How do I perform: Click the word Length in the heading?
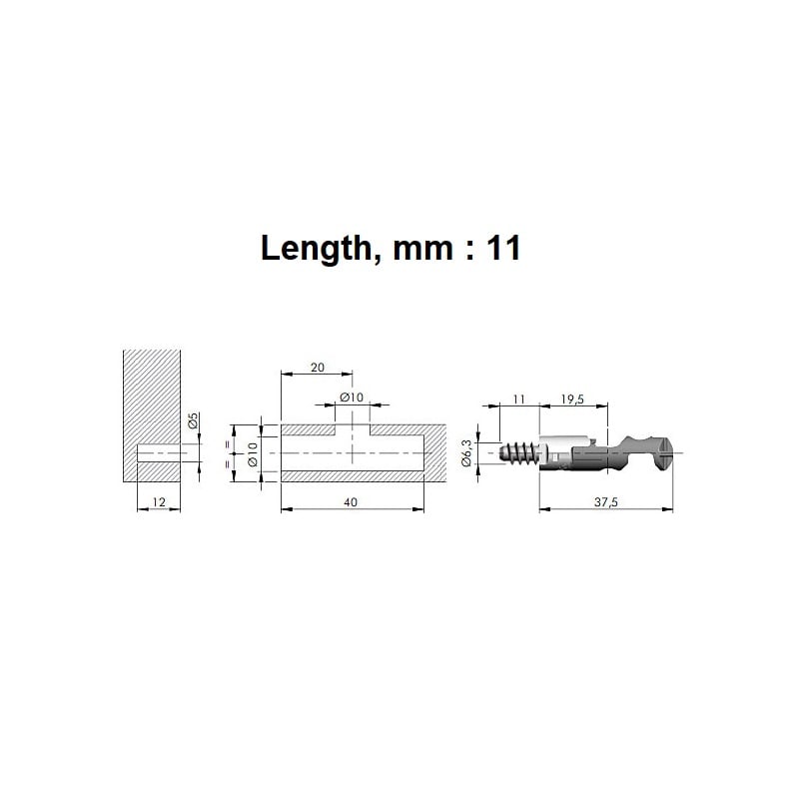click(x=313, y=249)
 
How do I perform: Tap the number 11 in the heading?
click(x=502, y=249)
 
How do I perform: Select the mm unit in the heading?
click(x=415, y=249)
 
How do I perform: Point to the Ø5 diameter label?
click(x=195, y=422)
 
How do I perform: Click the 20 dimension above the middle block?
click(x=318, y=368)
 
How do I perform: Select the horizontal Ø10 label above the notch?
click(x=351, y=398)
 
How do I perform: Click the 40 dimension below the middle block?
click(x=351, y=502)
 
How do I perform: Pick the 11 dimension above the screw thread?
click(x=518, y=399)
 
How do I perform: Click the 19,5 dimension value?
click(x=573, y=399)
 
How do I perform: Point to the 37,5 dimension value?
click(x=605, y=502)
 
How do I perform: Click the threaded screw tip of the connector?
click(x=518, y=452)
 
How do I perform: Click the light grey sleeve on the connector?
click(x=565, y=451)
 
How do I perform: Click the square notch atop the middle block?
click(x=352, y=431)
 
